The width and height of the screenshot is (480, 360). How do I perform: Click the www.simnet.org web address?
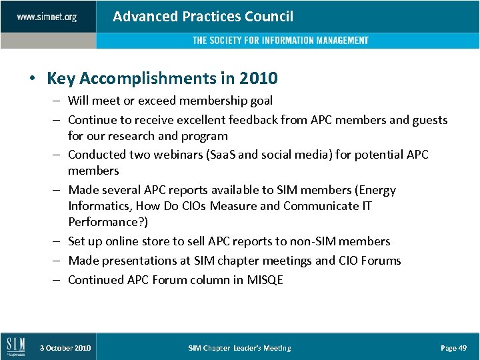click(x=47, y=17)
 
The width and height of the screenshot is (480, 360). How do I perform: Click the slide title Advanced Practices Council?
click(x=203, y=17)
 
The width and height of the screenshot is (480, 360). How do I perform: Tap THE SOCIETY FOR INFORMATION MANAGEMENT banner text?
click(x=280, y=41)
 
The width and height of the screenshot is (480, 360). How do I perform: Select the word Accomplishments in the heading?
click(x=143, y=79)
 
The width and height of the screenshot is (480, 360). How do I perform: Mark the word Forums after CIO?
click(x=381, y=261)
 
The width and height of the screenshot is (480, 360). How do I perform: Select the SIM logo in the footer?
click(x=15, y=347)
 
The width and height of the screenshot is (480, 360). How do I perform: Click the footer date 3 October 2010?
click(x=65, y=348)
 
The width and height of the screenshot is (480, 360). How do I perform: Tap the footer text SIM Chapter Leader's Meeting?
click(x=239, y=348)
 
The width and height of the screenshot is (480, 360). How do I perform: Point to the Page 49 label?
click(x=454, y=348)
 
